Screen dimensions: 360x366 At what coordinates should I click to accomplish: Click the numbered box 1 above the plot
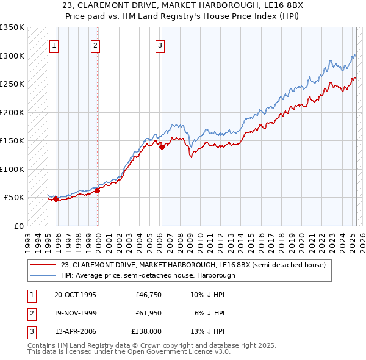pyautogui.click(x=54, y=45)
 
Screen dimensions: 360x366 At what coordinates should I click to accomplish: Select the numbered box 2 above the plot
pyautogui.click(x=96, y=45)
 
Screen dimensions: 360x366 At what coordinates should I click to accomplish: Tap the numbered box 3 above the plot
pyautogui.click(x=160, y=45)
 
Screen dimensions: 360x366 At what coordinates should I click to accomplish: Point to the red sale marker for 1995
pyautogui.click(x=56, y=199)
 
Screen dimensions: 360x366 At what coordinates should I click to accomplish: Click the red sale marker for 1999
pyautogui.click(x=98, y=190)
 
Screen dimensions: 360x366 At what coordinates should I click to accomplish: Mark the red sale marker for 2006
pyautogui.click(x=162, y=147)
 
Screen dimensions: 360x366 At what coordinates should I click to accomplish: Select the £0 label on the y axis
pyautogui.click(x=19, y=226)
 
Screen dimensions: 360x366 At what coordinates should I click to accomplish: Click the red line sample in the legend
pyautogui.click(x=43, y=265)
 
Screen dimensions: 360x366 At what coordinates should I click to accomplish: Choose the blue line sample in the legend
pyautogui.click(x=43, y=275)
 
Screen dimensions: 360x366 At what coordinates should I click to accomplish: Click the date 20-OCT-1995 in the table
pyautogui.click(x=75, y=294)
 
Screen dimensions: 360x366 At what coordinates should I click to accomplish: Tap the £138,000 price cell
pyautogui.click(x=146, y=331)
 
